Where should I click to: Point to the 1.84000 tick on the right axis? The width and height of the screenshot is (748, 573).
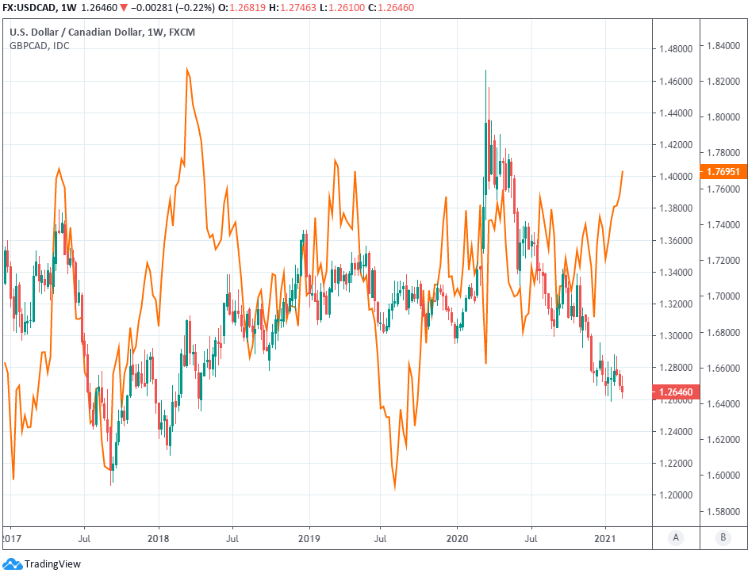[x=723, y=46]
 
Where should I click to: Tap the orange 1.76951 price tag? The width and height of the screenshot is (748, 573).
[x=723, y=172]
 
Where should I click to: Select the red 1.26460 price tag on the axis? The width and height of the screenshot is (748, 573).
[x=674, y=392]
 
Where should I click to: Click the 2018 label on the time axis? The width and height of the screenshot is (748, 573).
[x=159, y=536]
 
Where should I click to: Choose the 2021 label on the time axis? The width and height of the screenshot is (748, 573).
[x=606, y=536]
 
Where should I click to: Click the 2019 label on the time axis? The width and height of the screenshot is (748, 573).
[x=308, y=536]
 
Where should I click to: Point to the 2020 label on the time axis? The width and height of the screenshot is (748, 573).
[x=457, y=536]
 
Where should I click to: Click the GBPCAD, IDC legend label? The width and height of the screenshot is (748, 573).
[x=39, y=45]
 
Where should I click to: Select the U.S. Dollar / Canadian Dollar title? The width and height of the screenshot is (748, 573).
[x=75, y=32]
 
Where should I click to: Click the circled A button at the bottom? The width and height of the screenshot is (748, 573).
[x=676, y=537]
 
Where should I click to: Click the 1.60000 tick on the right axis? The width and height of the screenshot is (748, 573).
[x=723, y=476]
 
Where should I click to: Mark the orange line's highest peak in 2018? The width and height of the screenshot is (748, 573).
[x=187, y=69]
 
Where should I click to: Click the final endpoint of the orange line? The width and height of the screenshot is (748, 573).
[x=623, y=171]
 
